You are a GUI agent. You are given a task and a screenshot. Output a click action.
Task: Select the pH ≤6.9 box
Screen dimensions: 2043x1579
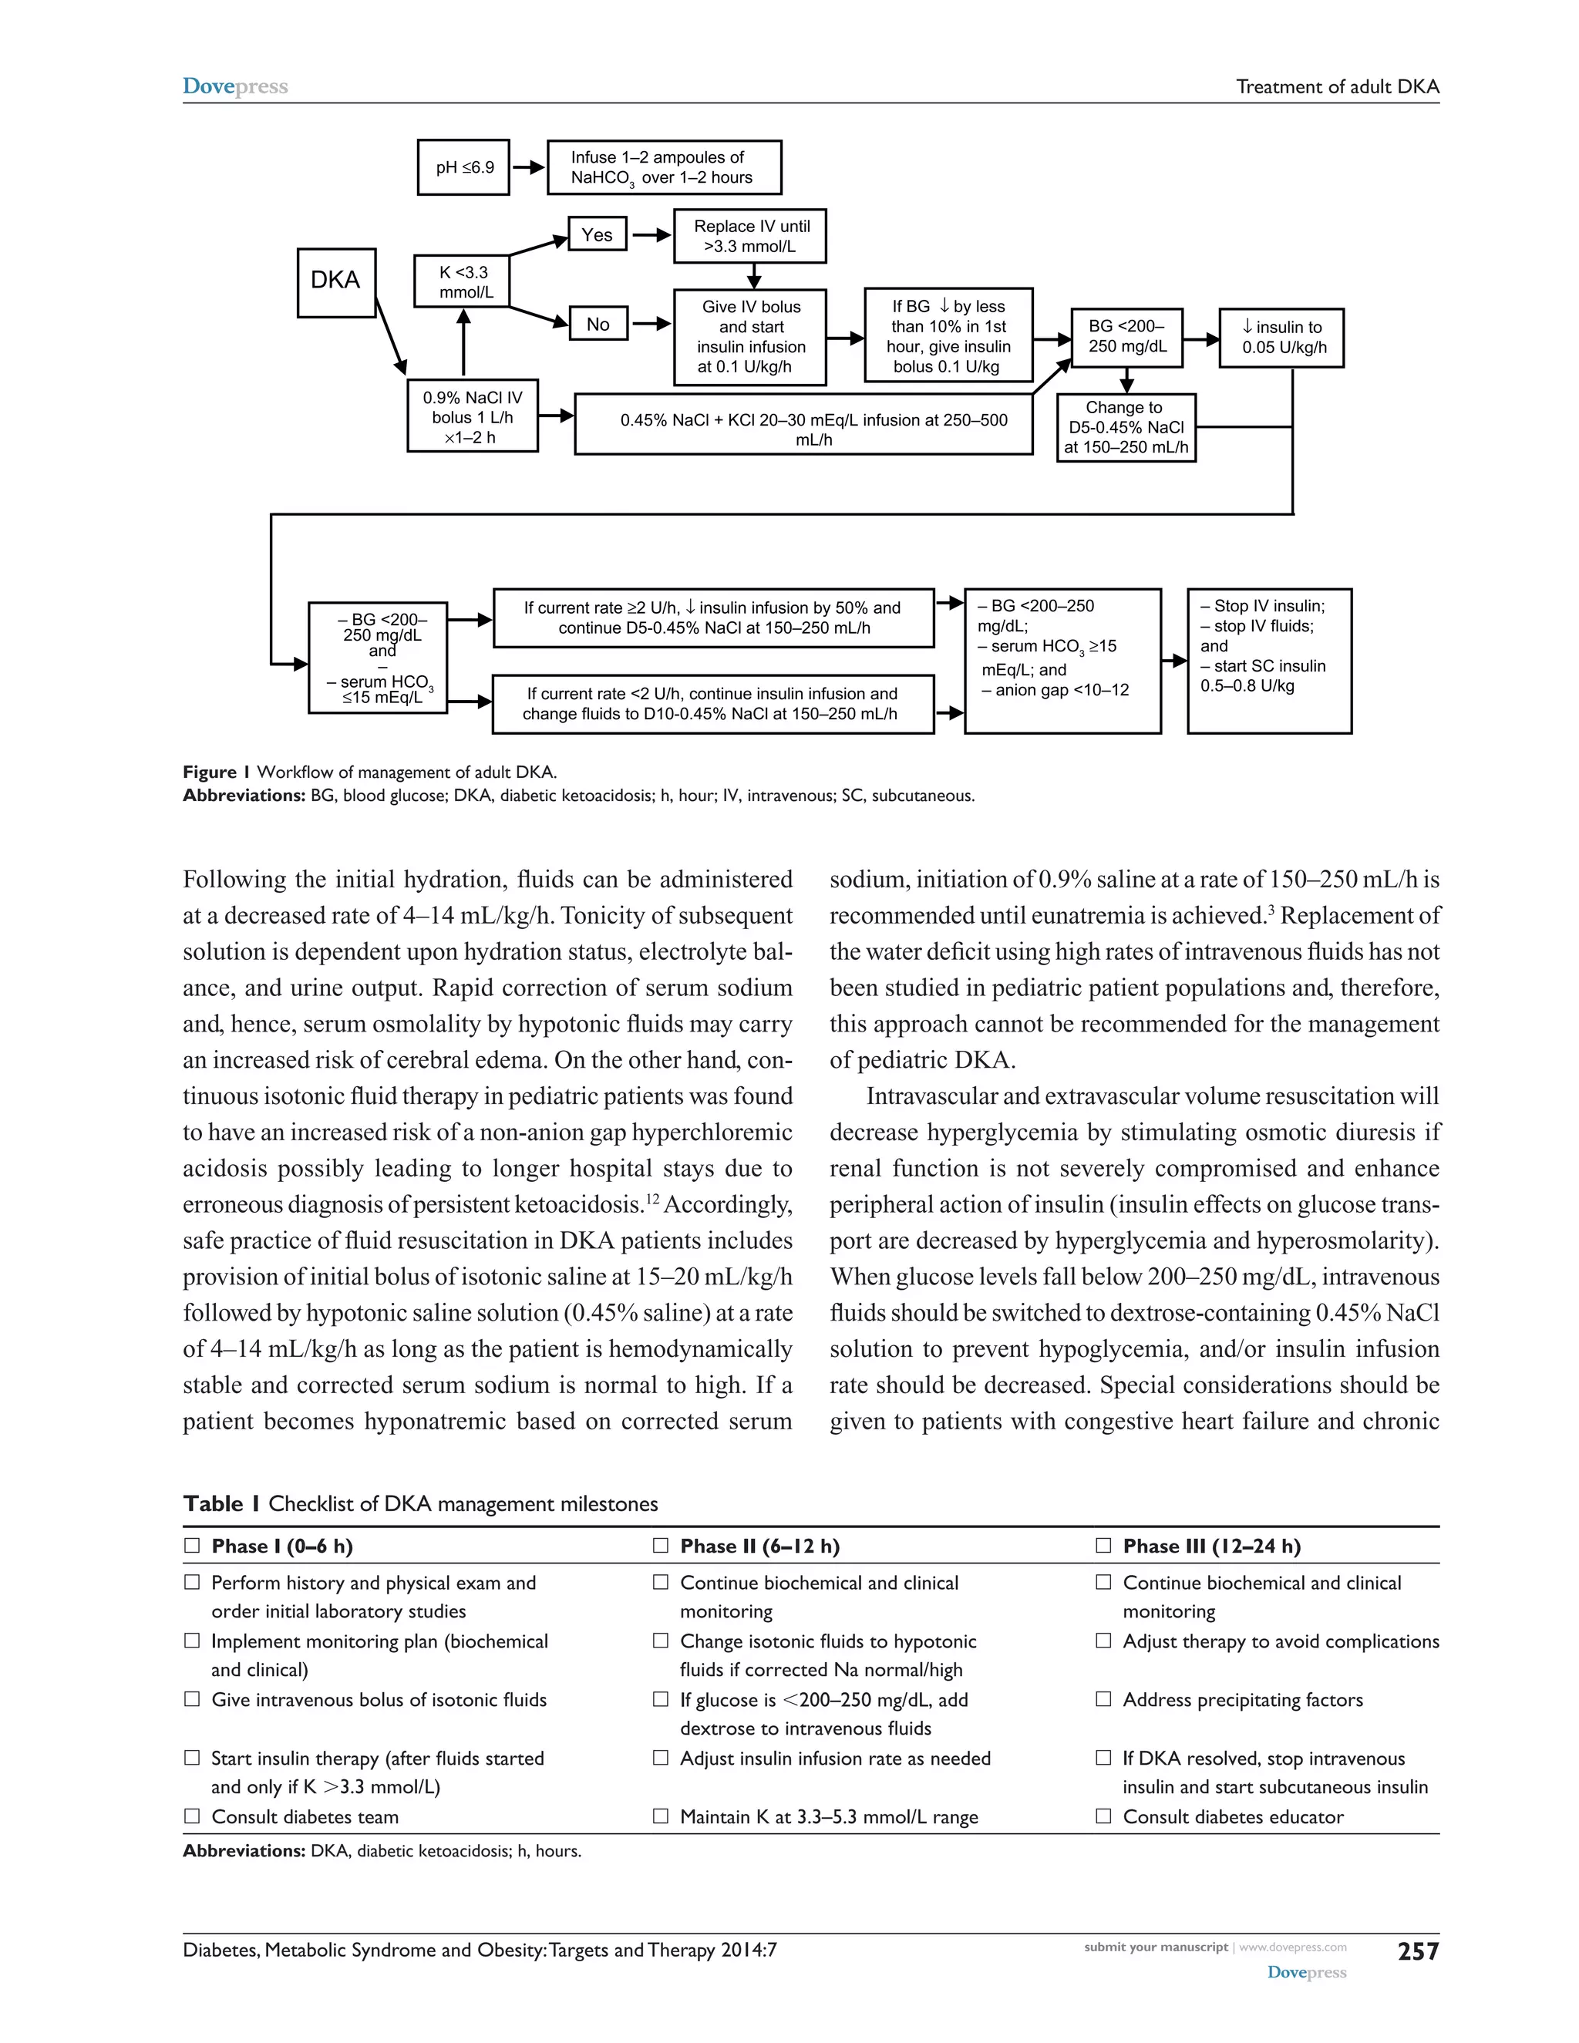[463, 168]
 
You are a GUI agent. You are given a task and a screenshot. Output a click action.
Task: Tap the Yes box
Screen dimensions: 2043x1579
[597, 235]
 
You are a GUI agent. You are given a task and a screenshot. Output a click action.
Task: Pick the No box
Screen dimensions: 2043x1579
[598, 325]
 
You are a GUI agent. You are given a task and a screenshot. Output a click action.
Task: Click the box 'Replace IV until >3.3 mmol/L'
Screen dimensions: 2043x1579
[751, 236]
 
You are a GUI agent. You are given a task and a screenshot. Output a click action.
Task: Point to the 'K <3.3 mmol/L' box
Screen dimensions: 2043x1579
[464, 281]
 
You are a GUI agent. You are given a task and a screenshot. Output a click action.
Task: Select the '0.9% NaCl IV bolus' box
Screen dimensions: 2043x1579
[473, 416]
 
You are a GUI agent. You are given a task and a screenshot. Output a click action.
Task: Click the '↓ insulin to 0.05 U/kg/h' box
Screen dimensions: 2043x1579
[1281, 338]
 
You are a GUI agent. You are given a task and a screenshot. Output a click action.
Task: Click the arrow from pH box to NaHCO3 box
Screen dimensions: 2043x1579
[528, 168]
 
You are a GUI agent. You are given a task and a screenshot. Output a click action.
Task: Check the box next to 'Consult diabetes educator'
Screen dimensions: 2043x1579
[1104, 1816]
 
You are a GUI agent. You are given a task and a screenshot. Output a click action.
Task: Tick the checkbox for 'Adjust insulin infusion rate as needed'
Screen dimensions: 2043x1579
[661, 1758]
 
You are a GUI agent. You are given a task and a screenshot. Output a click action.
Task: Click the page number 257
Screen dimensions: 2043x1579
[1417, 1951]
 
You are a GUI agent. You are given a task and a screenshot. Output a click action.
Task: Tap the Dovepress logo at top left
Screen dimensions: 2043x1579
[235, 87]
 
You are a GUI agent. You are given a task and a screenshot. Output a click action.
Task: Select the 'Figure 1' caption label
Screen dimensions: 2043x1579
[216, 772]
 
